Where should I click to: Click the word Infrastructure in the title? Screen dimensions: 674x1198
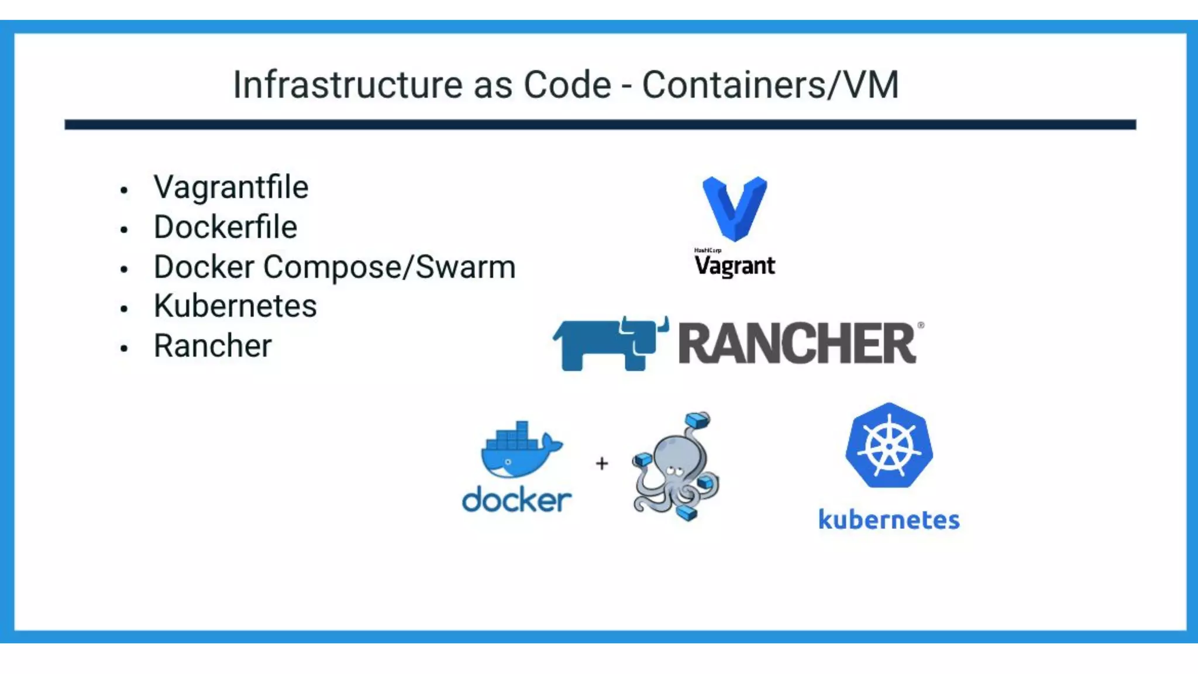pyautogui.click(x=348, y=85)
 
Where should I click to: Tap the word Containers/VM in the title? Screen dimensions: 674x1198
pyautogui.click(x=770, y=85)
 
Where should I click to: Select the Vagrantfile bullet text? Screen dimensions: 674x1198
pyautogui.click(x=230, y=188)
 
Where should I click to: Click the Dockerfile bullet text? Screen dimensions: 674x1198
pyautogui.click(x=225, y=228)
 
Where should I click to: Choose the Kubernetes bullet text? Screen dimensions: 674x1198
pyautogui.click(x=235, y=306)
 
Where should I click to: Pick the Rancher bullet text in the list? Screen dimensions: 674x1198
pyautogui.click(x=212, y=346)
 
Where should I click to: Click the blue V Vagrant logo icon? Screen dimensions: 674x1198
pyautogui.click(x=735, y=208)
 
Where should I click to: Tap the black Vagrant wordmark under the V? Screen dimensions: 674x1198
pyautogui.click(x=735, y=266)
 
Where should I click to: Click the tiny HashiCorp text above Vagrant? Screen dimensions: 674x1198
pyautogui.click(x=707, y=250)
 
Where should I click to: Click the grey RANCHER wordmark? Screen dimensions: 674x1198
pyautogui.click(x=797, y=344)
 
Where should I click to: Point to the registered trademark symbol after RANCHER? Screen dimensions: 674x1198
pyautogui.click(x=921, y=325)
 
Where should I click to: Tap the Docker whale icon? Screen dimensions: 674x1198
pyautogui.click(x=518, y=451)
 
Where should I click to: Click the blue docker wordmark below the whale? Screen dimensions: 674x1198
pyautogui.click(x=517, y=500)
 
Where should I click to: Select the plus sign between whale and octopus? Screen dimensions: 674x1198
pyautogui.click(x=602, y=463)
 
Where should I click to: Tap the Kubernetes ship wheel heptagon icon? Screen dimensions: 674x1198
pyautogui.click(x=889, y=446)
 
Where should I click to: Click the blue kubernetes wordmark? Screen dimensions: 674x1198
pyautogui.click(x=889, y=520)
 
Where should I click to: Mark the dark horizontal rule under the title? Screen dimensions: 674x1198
pyautogui.click(x=600, y=125)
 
